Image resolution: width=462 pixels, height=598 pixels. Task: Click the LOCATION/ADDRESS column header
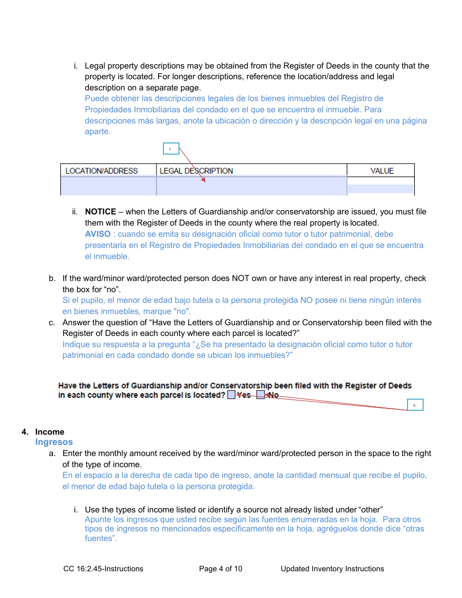(x=102, y=171)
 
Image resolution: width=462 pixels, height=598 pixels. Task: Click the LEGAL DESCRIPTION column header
(x=196, y=171)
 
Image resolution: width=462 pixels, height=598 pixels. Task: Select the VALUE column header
(x=382, y=171)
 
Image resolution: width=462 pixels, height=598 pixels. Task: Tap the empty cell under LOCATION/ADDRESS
(x=108, y=186)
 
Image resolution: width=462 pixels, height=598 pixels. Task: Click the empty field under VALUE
(x=380, y=189)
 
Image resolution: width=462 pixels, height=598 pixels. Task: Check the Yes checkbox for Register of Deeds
(x=231, y=395)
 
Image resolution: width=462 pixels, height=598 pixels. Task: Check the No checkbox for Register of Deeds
(x=261, y=395)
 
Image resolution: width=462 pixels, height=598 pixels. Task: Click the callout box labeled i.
(x=171, y=149)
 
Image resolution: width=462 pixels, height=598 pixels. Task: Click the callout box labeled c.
(x=415, y=405)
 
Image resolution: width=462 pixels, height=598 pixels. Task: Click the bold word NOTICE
(x=100, y=211)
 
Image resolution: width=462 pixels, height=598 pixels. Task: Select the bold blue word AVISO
(x=97, y=234)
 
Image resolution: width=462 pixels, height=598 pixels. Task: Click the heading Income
(x=50, y=432)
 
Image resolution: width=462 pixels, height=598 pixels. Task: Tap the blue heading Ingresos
(x=54, y=442)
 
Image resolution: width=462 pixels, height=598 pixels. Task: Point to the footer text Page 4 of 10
(x=220, y=569)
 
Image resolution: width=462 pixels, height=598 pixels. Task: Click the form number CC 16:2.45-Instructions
(x=103, y=569)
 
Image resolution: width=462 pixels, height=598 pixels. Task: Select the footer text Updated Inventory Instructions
(x=332, y=569)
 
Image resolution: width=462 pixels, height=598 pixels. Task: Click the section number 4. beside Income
(x=25, y=432)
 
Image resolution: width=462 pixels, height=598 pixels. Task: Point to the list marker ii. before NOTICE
(x=75, y=211)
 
